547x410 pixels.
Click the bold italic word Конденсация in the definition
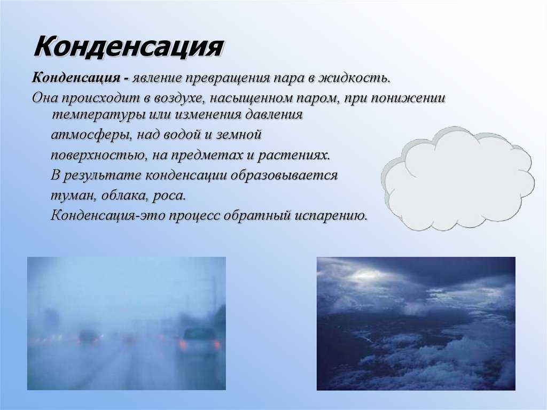point(76,77)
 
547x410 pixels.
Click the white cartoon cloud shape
point(457,178)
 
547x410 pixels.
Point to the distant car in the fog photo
point(89,337)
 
